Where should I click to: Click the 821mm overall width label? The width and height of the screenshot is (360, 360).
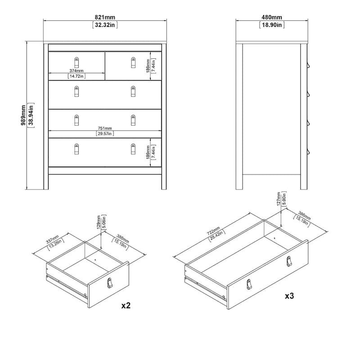click(x=104, y=17)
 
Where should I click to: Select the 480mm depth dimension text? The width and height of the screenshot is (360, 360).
click(x=272, y=17)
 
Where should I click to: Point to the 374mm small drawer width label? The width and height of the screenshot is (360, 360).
click(x=76, y=71)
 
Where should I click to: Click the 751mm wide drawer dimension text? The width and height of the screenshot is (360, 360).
click(x=104, y=128)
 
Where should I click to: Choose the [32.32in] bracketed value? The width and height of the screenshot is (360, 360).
click(x=104, y=25)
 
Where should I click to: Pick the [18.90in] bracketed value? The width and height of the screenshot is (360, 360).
click(x=272, y=25)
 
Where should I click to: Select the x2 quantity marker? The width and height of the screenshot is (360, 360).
click(x=126, y=306)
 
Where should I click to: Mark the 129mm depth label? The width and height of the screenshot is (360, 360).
click(x=99, y=221)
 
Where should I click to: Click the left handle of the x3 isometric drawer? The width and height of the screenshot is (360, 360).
click(x=249, y=285)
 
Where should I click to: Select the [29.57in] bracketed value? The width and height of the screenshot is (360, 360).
click(x=104, y=134)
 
